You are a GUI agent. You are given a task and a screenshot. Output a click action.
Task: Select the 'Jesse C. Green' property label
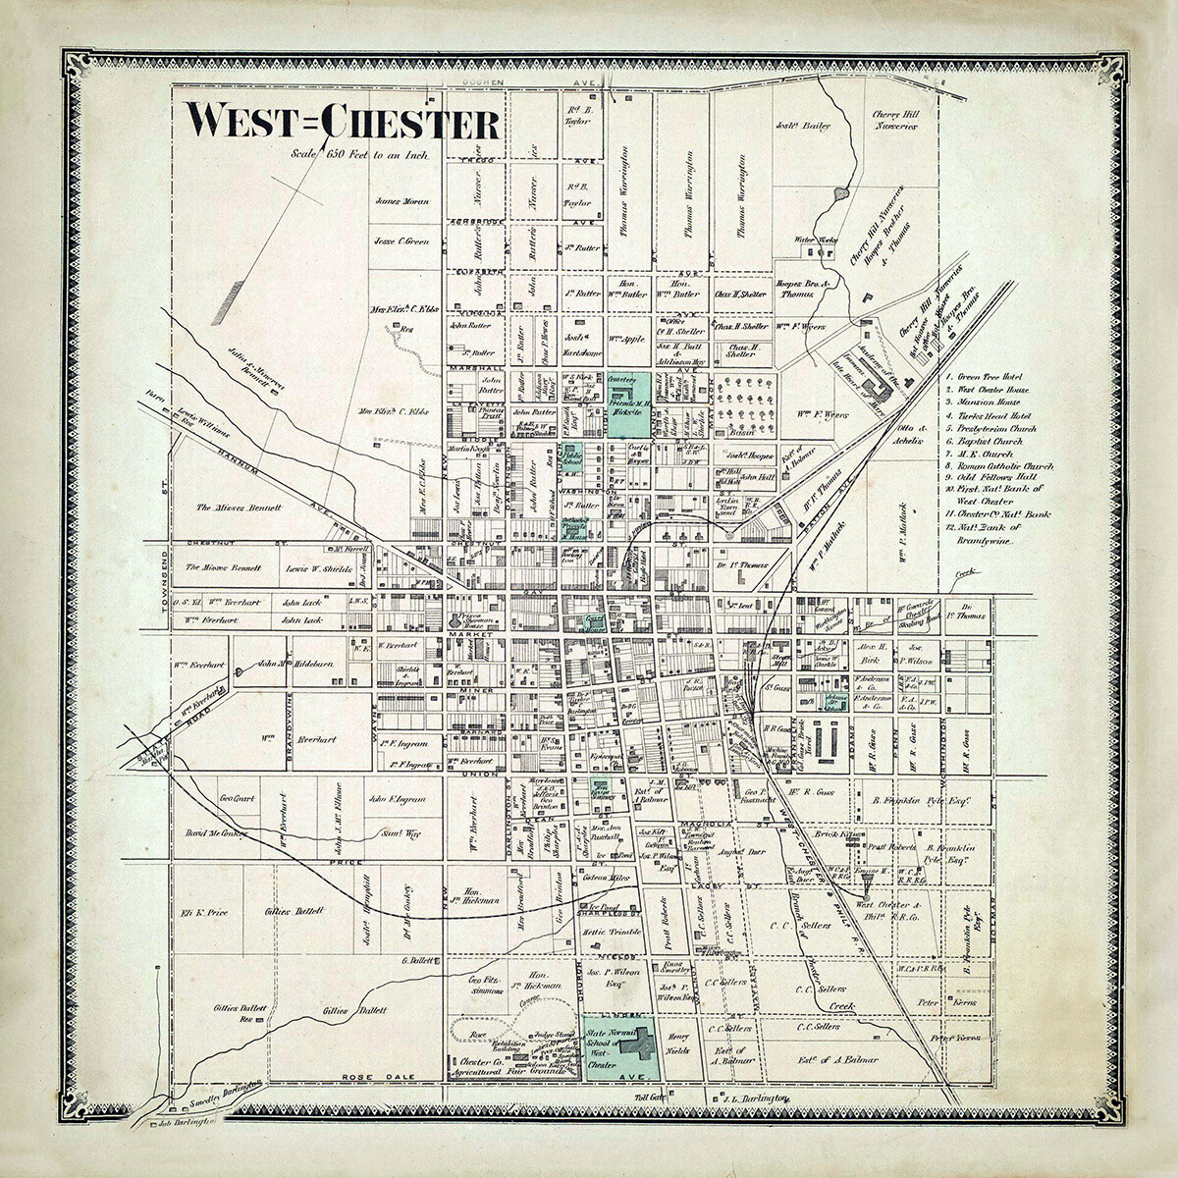(401, 241)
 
